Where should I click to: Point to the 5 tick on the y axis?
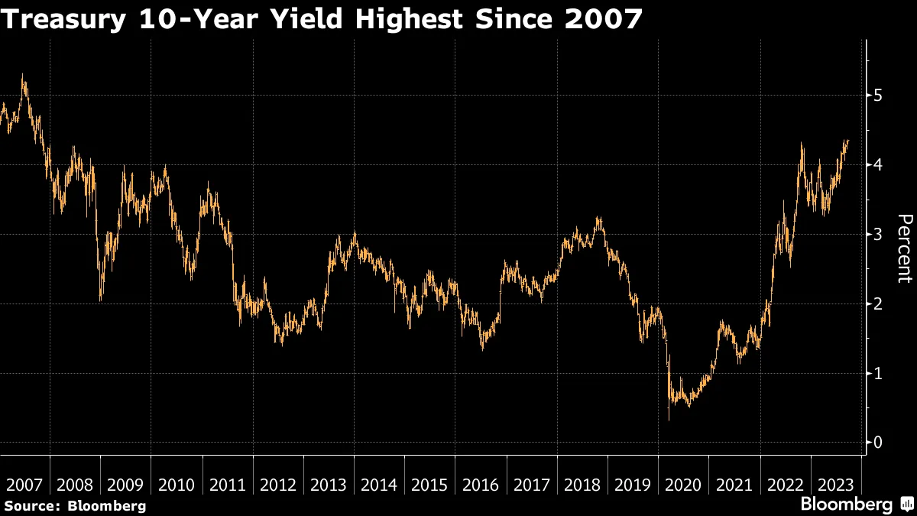pyautogui.click(x=880, y=96)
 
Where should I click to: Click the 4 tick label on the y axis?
pyautogui.click(x=880, y=165)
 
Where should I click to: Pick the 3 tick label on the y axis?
pyautogui.click(x=880, y=234)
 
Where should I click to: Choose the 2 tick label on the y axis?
pyautogui.click(x=880, y=303)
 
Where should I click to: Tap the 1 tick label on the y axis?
pyautogui.click(x=880, y=373)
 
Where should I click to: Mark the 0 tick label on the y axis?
pyautogui.click(x=880, y=443)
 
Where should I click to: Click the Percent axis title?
pyautogui.click(x=904, y=248)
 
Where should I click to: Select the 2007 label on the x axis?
pyautogui.click(x=24, y=485)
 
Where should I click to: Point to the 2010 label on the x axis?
pyautogui.click(x=177, y=485)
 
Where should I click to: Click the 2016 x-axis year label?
pyautogui.click(x=480, y=485)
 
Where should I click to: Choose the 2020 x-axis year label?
pyautogui.click(x=682, y=485)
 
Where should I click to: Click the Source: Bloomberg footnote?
pyautogui.click(x=75, y=505)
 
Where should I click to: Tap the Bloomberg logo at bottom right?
pyautogui.click(x=856, y=504)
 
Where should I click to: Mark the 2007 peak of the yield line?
pyautogui.click(x=23, y=75)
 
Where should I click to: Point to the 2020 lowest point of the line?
pyautogui.click(x=669, y=420)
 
